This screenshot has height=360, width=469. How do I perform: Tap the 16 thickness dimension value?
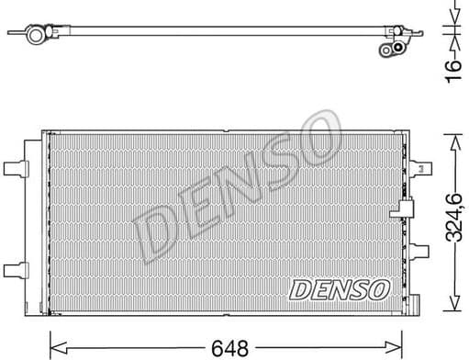[x=452, y=70]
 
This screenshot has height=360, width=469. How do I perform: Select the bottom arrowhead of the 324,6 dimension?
[x=452, y=304]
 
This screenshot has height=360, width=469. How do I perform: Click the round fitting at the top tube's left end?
[x=37, y=35]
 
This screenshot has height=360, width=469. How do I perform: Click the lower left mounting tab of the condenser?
[x=17, y=268]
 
